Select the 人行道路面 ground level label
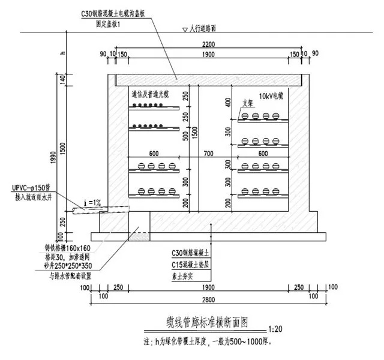click(210, 28)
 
